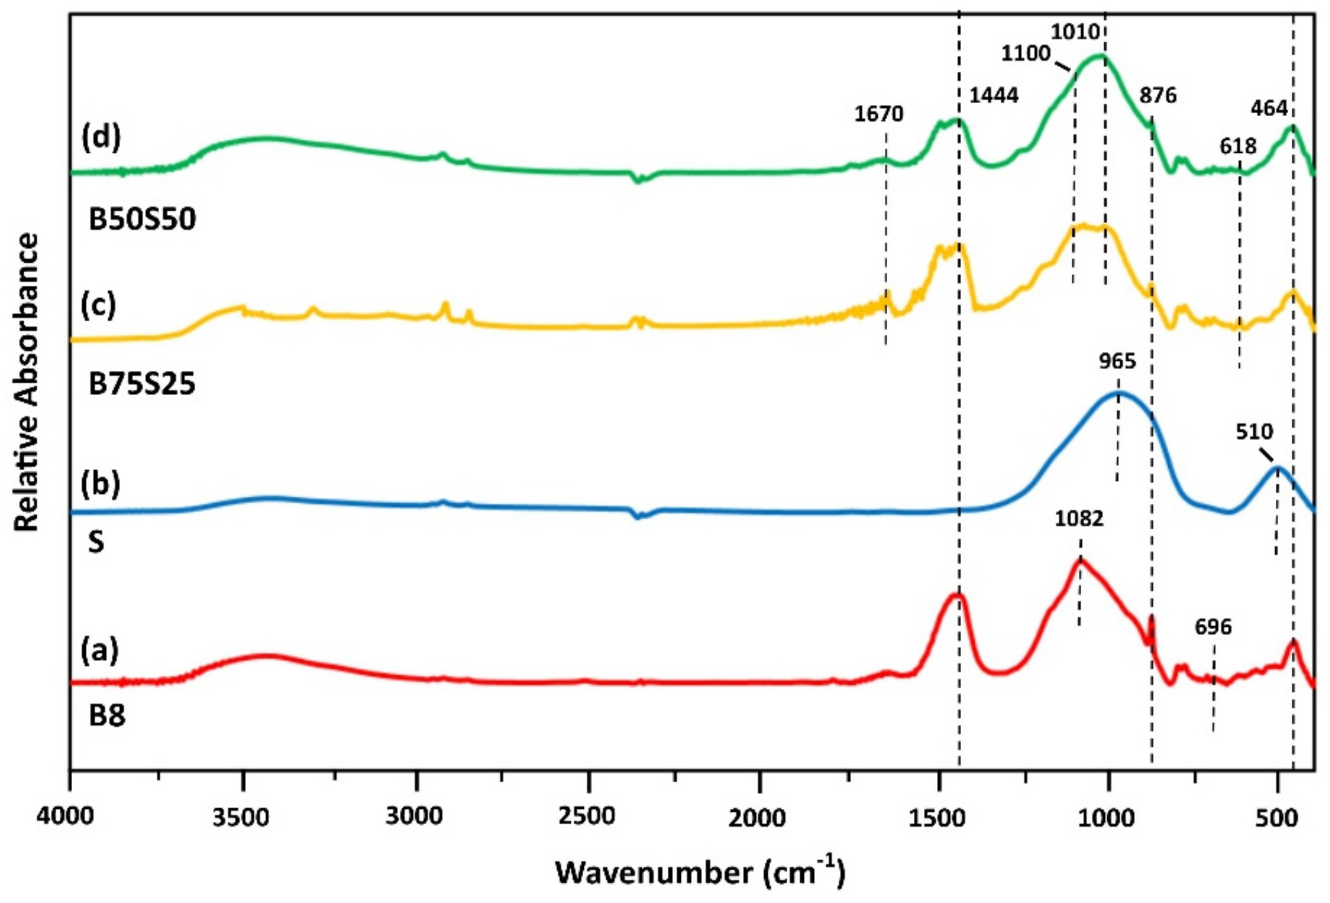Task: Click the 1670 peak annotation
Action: pos(879,114)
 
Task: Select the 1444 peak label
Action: pos(994,95)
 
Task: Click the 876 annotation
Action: pos(1158,95)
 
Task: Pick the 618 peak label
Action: pos(1238,147)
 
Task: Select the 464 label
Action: pos(1269,108)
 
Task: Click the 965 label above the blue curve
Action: pos(1118,362)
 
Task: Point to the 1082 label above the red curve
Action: pos(1080,519)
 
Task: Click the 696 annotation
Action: pos(1213,627)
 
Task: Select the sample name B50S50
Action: pos(143,219)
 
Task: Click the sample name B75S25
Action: pos(142,384)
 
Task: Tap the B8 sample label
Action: pos(107,716)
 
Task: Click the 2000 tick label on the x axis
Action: pos(759,818)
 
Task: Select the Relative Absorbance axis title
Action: pos(27,382)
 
